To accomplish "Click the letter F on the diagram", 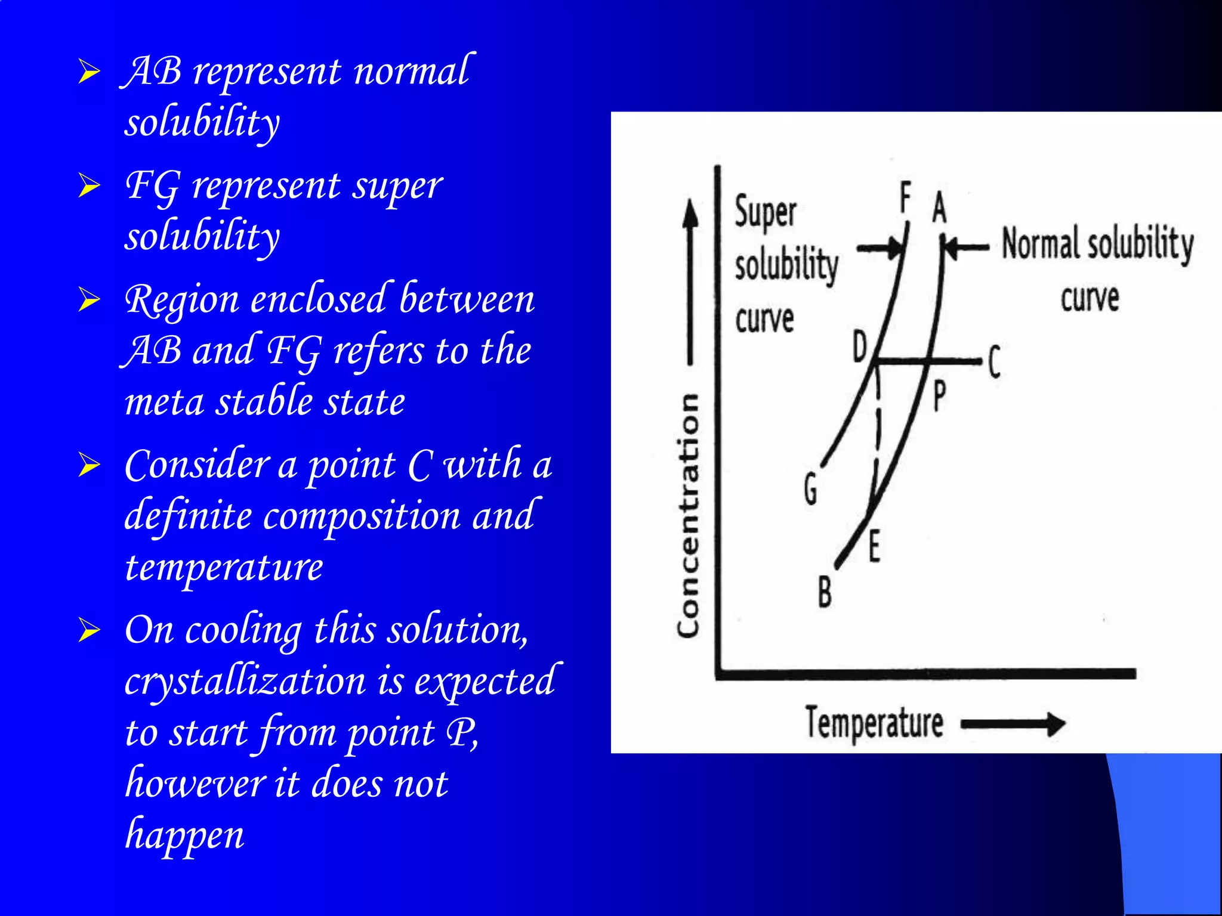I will [x=906, y=198].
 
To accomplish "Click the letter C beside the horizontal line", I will [x=994, y=361].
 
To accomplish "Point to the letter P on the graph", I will [x=939, y=396].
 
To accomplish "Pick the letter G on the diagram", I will [x=810, y=489].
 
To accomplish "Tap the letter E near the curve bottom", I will [x=874, y=547].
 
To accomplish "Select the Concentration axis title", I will [x=688, y=515].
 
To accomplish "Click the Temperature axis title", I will [x=874, y=723].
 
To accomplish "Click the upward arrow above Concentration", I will [x=690, y=280].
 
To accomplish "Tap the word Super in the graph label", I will [x=765, y=212].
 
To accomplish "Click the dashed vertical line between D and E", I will [x=878, y=429].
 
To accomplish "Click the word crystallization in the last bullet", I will [x=245, y=682].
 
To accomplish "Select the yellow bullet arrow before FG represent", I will [x=90, y=185].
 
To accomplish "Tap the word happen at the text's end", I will [x=184, y=835].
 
